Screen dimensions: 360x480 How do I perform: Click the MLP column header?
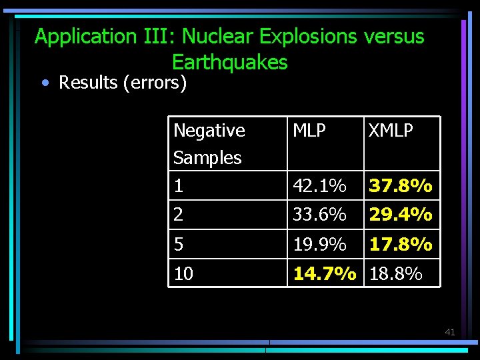309,131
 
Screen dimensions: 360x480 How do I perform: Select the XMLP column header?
391,131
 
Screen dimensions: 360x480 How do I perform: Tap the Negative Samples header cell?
209,143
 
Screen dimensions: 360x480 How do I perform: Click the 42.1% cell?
319,185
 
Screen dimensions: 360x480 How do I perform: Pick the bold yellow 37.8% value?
401,185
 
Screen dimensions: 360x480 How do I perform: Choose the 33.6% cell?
319,215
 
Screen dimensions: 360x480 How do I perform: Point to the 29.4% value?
401,215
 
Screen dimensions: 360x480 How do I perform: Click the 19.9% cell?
319,245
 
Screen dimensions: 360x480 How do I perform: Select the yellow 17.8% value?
401,245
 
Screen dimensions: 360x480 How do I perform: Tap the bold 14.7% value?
325,273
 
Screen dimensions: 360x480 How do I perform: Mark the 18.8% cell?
396,273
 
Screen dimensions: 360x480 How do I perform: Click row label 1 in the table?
178,186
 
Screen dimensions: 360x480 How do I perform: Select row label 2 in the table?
178,215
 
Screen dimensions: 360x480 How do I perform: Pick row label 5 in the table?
178,245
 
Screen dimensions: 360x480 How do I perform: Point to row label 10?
183,273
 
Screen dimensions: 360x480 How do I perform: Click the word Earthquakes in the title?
229,62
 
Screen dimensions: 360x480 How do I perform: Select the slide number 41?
449,332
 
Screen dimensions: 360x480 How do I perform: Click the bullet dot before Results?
44,83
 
